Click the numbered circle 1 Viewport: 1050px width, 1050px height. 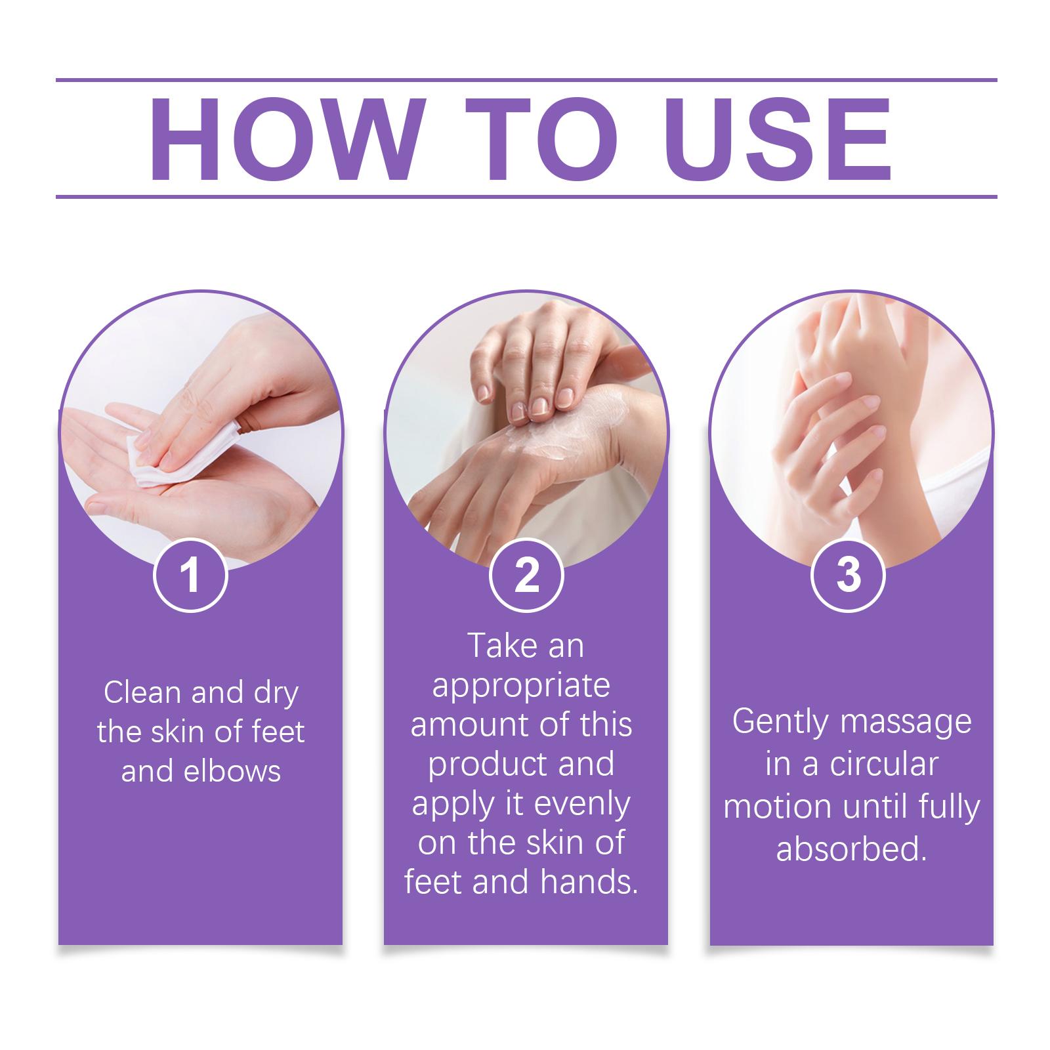tap(190, 576)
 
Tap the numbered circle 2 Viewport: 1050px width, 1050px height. tap(526, 576)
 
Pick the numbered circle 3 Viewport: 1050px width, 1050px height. tap(849, 576)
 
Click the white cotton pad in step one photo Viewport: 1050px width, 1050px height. tap(157, 446)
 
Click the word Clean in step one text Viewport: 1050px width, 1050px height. tap(142, 693)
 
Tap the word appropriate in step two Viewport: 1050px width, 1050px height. tap(521, 686)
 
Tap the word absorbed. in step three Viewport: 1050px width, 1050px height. tap(851, 849)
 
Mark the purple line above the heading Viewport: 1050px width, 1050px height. tap(526, 80)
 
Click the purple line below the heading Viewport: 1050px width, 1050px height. tap(526, 196)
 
